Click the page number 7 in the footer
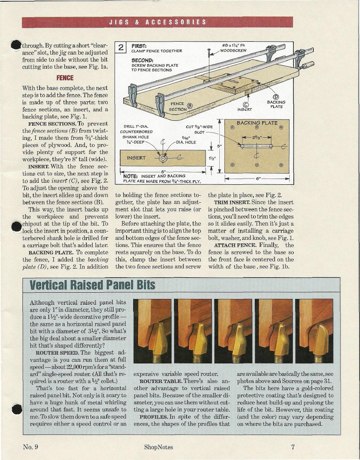[293, 447]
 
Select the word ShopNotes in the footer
[158, 447]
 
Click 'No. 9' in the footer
[31, 447]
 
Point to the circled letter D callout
[276, 97]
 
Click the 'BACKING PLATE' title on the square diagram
[257, 123]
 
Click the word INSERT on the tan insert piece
[136, 158]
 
